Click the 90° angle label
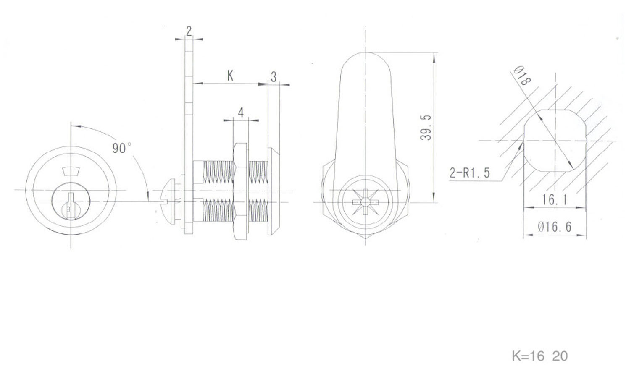coord(121,148)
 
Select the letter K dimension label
coord(230,76)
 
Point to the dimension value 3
coord(274,76)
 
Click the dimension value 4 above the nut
coord(241,112)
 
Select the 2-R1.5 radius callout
coord(469,173)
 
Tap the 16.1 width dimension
coord(554,199)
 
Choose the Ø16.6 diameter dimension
coord(555,227)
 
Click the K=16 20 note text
coord(540,356)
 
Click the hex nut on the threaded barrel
coord(240,191)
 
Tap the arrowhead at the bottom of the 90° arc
coord(147,196)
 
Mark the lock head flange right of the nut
coord(273,191)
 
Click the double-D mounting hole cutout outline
coord(554,141)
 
